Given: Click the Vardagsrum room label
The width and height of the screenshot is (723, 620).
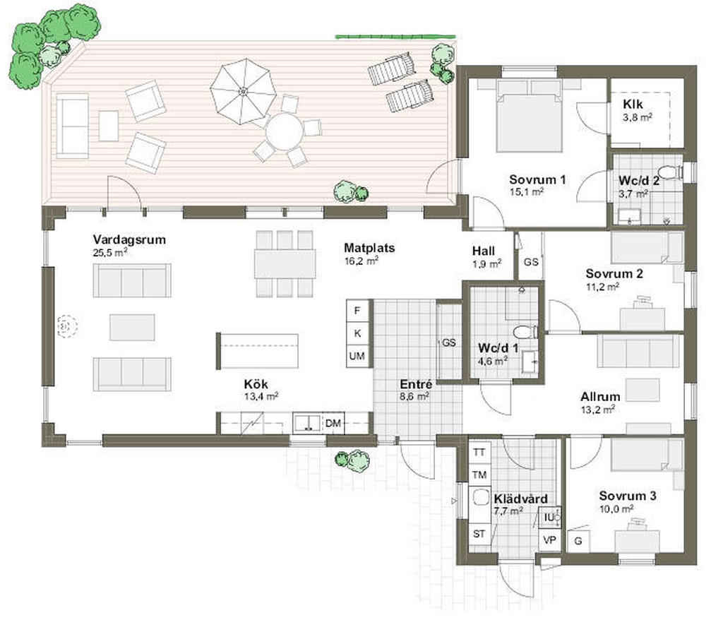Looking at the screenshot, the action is click(129, 239).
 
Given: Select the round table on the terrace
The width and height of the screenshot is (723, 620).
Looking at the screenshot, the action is click(285, 131).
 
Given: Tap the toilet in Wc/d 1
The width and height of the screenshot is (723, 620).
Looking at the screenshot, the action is click(525, 332).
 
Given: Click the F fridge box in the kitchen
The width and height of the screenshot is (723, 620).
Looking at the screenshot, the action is click(357, 311).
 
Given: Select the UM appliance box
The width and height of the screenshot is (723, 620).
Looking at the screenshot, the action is click(357, 356).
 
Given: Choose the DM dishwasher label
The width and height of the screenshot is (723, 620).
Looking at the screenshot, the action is click(333, 422).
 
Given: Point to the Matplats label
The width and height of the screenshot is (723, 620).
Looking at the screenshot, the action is click(369, 248).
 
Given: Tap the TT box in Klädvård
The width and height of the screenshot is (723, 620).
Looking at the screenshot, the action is click(479, 452).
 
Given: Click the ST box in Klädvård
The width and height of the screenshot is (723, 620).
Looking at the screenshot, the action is click(479, 534).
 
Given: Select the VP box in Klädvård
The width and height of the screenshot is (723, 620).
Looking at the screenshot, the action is click(549, 539).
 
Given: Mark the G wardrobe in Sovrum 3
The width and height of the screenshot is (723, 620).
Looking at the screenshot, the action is click(578, 540).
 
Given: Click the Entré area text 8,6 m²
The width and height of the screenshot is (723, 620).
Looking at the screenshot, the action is click(414, 396).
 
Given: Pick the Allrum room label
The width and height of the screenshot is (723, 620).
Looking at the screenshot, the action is click(600, 397).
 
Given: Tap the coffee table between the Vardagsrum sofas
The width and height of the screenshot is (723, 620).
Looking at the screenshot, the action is click(132, 328).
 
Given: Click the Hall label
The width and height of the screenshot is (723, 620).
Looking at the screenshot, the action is click(483, 251).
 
